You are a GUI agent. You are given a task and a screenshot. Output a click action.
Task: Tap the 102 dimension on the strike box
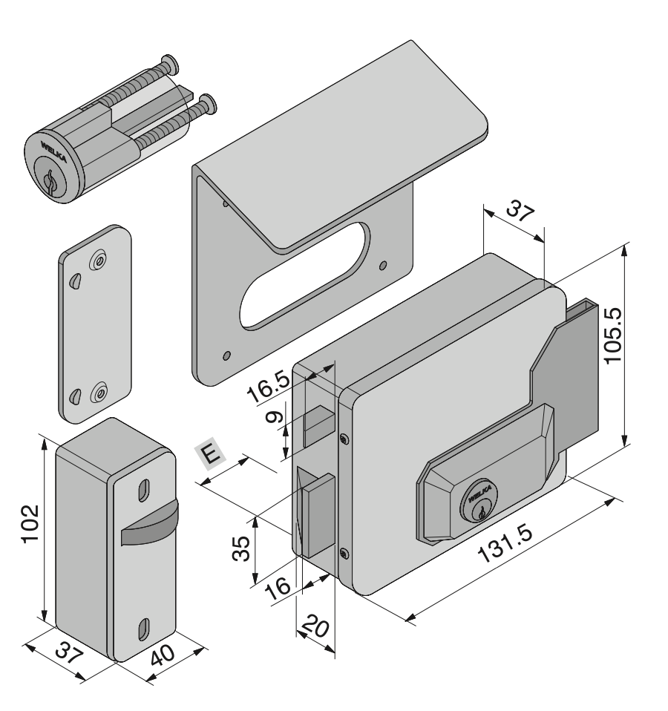point(30,523)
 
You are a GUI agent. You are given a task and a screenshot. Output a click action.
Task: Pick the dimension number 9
point(275,417)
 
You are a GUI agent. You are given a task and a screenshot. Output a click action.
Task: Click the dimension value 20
point(315,626)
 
